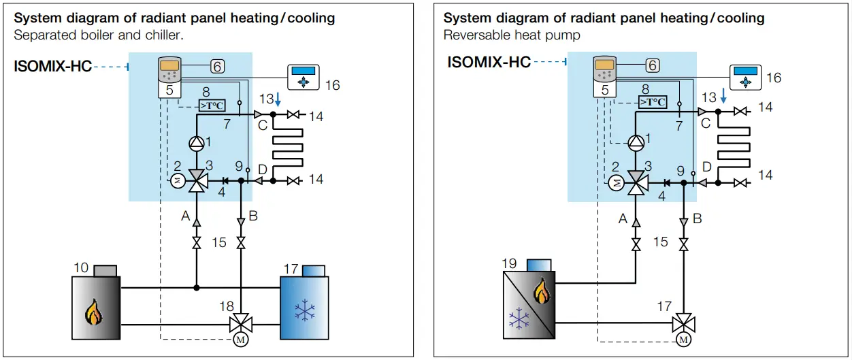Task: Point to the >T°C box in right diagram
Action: click(x=653, y=101)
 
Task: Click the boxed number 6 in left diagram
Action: click(x=217, y=66)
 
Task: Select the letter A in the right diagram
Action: click(x=623, y=218)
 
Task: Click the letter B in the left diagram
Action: click(x=253, y=216)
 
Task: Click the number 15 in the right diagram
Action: click(x=659, y=242)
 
